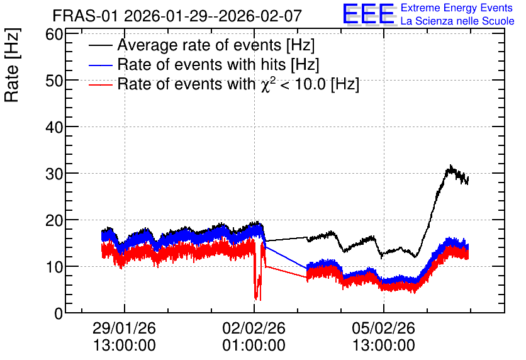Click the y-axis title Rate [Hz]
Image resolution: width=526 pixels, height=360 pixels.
tap(13, 65)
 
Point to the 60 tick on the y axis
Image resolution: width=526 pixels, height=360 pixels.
tap(54, 34)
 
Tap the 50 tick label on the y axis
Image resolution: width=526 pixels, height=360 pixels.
tap(54, 81)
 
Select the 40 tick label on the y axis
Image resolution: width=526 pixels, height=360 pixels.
tap(54, 127)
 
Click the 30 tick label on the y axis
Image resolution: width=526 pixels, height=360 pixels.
tap(54, 174)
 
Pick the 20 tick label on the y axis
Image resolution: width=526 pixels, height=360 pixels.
tap(54, 220)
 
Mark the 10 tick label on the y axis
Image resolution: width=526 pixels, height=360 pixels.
tap(54, 267)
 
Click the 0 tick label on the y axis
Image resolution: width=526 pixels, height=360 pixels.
tap(59, 313)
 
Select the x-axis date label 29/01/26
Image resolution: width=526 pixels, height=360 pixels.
tap(124, 328)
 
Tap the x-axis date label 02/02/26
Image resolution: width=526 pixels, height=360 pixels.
tap(254, 328)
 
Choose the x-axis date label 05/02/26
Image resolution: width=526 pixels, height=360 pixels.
tap(383, 328)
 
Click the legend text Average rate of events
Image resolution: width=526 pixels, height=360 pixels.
tap(216, 45)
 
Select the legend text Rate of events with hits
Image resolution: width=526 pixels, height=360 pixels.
tap(218, 64)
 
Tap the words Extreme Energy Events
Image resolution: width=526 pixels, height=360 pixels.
tap(457, 8)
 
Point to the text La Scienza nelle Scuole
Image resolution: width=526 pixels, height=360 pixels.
tap(457, 21)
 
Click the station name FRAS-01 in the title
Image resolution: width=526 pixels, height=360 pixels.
tap(85, 16)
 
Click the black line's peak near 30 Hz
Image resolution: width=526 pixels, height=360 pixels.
tap(450, 166)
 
